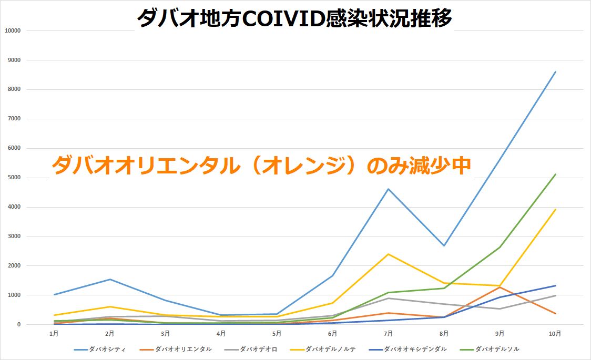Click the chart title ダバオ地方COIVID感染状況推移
pos(294,19)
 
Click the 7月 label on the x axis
pos(388,333)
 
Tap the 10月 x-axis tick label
pos(555,333)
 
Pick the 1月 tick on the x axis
pos(54,333)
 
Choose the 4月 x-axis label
pos(221,333)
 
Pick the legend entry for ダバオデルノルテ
pos(330,349)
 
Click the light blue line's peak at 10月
pos(555,72)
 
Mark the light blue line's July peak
pos(388,189)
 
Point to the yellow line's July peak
pos(388,254)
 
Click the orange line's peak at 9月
pos(500,287)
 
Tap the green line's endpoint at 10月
pos(555,174)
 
